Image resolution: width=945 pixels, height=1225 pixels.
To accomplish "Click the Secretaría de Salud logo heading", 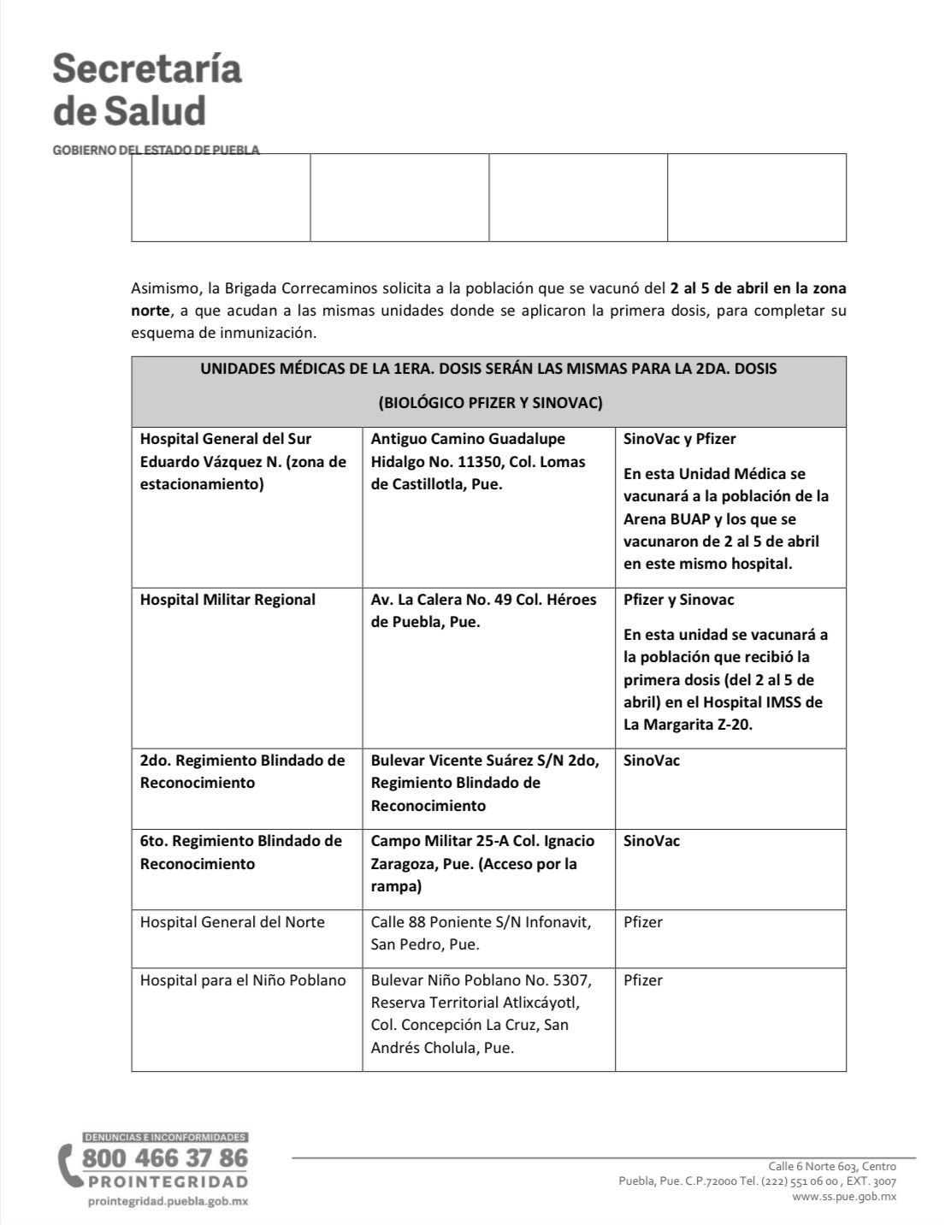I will [x=147, y=90].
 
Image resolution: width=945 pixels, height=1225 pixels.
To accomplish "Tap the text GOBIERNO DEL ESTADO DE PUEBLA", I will [x=156, y=150].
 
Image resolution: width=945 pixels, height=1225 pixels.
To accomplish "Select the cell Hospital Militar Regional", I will [x=227, y=600].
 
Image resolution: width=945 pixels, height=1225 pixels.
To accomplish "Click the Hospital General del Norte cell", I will [x=233, y=922].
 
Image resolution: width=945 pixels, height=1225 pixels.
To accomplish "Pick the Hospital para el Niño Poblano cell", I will [x=243, y=980].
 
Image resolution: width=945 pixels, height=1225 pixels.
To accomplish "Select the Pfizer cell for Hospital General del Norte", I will [x=643, y=922].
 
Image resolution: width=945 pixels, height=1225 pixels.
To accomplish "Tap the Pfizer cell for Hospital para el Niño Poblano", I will [x=643, y=980].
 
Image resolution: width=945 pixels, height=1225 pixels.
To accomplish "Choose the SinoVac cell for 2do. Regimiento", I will [x=652, y=760].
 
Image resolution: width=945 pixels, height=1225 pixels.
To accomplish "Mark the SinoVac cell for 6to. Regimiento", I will [x=652, y=841].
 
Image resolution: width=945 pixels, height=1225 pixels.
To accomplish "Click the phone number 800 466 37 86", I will [x=165, y=1158].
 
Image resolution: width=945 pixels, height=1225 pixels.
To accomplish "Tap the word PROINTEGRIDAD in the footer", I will [x=168, y=1182].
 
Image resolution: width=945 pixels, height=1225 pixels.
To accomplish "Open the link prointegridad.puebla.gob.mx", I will [x=168, y=1201].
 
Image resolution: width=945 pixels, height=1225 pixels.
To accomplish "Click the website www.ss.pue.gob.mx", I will [x=844, y=1197].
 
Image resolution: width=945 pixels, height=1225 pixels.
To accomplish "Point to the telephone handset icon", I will [x=68, y=1166].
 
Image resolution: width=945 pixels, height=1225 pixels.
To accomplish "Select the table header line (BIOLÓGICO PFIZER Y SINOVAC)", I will [x=489, y=403].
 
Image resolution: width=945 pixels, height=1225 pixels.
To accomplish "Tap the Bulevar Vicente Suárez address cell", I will [x=485, y=783].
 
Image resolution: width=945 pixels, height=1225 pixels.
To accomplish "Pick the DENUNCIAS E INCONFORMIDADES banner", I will [x=165, y=1138].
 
